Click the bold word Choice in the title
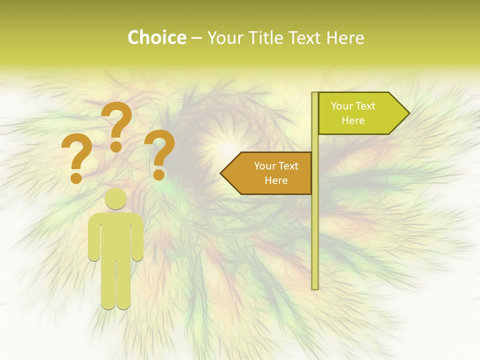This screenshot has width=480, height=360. [156, 38]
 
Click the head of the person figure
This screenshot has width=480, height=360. [116, 198]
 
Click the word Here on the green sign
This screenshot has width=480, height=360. [353, 120]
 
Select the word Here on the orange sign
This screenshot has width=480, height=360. [276, 180]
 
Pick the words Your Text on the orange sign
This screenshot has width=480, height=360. [276, 166]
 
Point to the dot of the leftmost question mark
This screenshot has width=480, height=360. [76, 177]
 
